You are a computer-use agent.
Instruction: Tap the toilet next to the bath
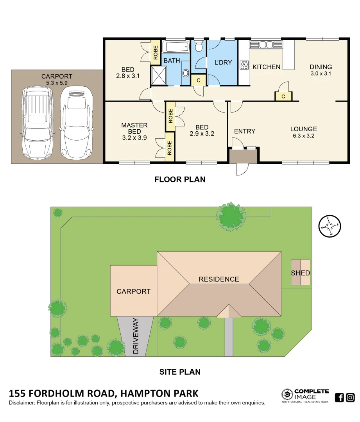tap(199, 47)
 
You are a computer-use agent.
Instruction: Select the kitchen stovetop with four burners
tap(244, 65)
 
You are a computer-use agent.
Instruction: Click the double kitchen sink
tap(264, 45)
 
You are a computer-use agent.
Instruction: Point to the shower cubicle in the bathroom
tap(158, 75)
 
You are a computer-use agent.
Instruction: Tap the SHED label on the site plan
tap(300, 273)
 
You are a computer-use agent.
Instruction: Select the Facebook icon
tap(340, 398)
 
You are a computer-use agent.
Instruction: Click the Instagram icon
tap(350, 398)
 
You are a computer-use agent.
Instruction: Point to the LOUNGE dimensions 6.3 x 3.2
tap(303, 136)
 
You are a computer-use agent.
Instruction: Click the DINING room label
tap(321, 67)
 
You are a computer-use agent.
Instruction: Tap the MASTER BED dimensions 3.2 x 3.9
tap(134, 138)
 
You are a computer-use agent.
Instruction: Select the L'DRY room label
tap(223, 63)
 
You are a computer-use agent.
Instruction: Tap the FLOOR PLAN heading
tap(180, 180)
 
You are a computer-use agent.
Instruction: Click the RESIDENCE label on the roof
tap(219, 279)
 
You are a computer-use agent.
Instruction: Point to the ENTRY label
tap(245, 131)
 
